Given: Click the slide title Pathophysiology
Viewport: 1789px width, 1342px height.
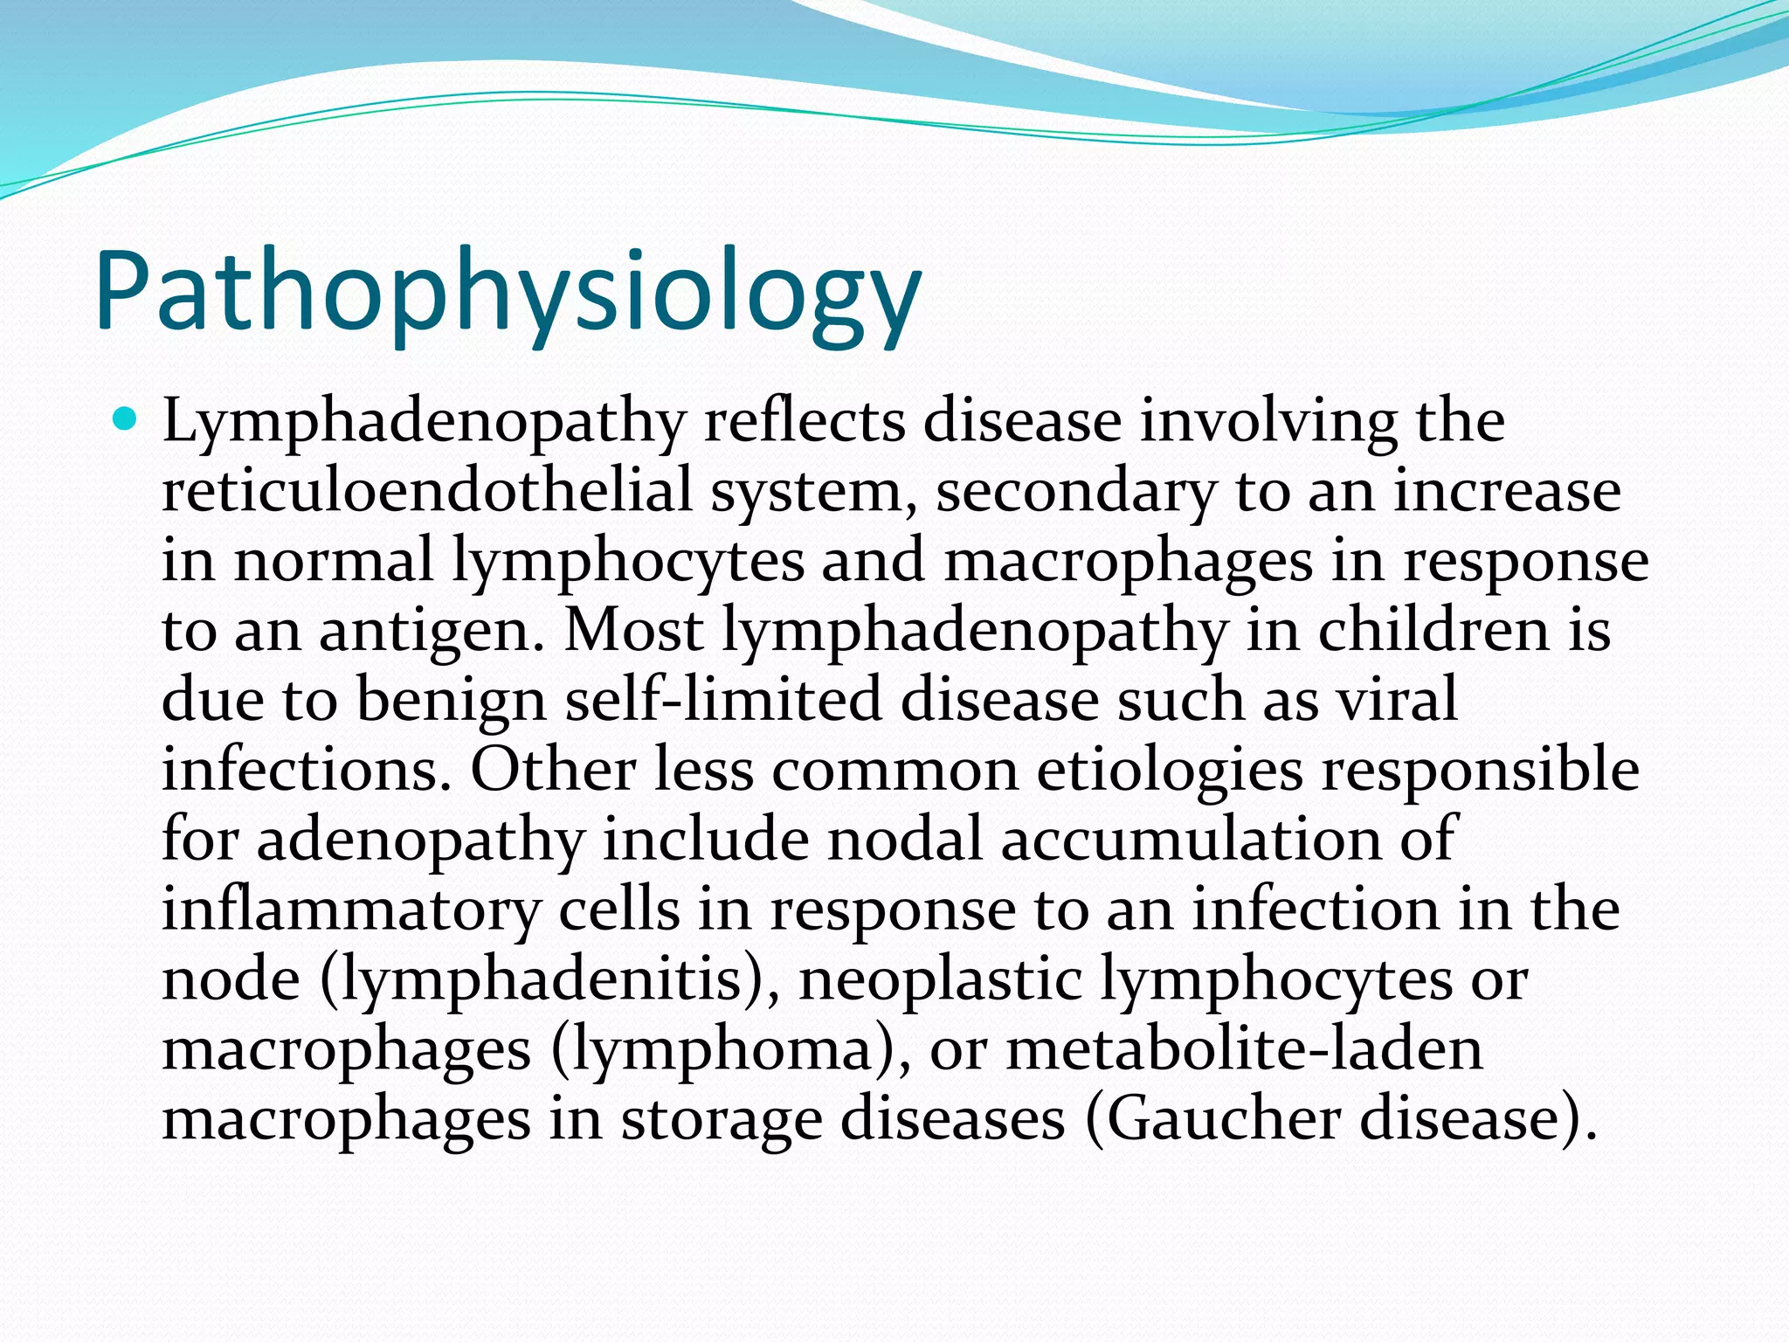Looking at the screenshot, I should [508, 293].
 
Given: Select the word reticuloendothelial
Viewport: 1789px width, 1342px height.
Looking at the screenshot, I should [427, 490].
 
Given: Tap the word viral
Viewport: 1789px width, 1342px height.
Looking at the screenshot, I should [1400, 700].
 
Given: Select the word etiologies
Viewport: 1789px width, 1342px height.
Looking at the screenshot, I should [1169, 771].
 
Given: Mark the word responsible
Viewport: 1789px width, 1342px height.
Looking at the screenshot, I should [1480, 771].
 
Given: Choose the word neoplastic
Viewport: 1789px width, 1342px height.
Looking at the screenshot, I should [941, 979].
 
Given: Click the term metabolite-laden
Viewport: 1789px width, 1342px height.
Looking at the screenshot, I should [1244, 1049].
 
